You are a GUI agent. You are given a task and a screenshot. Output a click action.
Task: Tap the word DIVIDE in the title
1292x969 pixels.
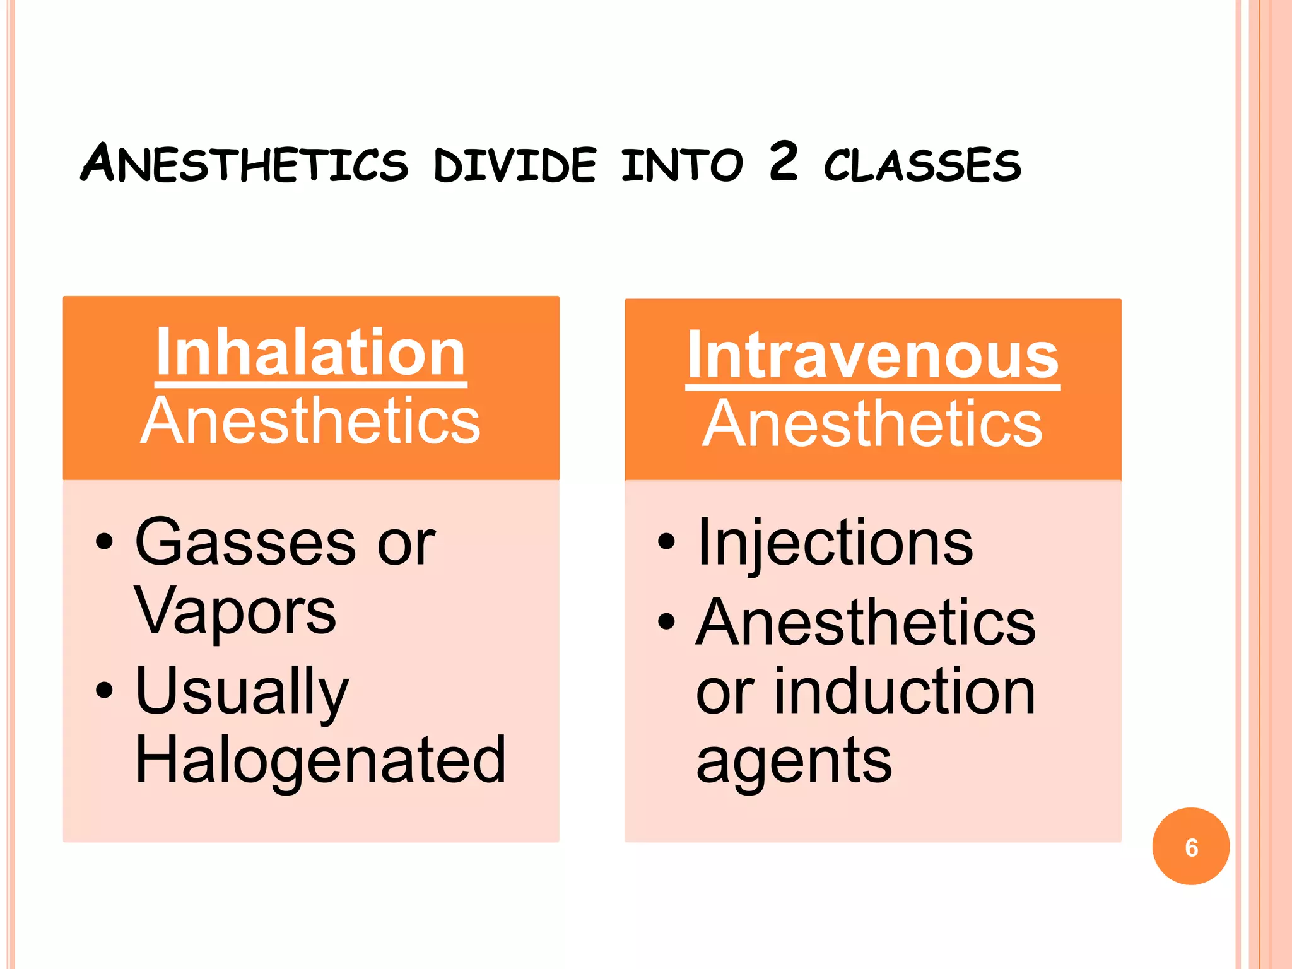click(x=515, y=165)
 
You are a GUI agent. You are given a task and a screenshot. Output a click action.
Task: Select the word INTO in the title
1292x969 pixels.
click(x=682, y=165)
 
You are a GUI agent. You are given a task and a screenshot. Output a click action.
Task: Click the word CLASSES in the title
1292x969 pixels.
click(x=922, y=165)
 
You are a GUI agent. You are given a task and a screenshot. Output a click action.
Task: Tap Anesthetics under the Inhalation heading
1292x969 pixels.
click(x=310, y=421)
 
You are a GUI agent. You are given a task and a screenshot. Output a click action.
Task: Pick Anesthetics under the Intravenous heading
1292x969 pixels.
click(x=872, y=424)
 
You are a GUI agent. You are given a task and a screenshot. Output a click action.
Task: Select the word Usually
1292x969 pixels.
click(x=242, y=691)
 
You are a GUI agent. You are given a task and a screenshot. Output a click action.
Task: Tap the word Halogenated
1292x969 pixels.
click(x=320, y=760)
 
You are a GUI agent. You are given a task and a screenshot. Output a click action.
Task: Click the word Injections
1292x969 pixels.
click(x=835, y=543)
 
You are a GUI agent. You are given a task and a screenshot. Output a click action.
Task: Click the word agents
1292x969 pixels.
click(x=794, y=761)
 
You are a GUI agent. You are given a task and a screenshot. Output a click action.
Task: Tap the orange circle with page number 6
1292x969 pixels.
click(x=1190, y=847)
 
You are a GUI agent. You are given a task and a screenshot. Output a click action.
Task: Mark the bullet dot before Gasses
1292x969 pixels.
click(x=104, y=541)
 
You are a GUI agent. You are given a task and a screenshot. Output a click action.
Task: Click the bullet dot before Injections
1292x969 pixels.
click(x=666, y=541)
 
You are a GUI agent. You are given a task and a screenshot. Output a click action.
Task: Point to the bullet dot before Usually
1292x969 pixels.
click(x=104, y=690)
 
